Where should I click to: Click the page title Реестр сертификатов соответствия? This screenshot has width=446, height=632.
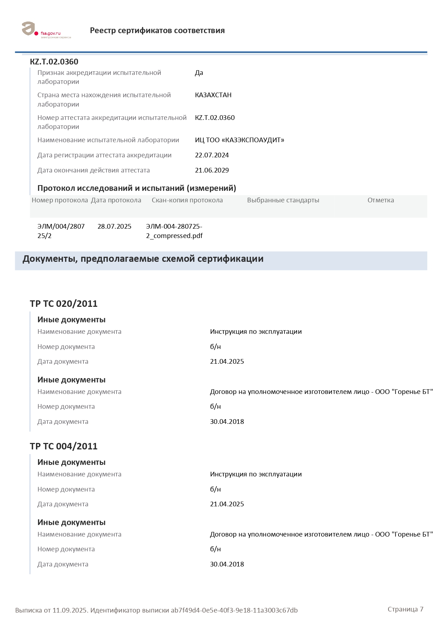coord(157,31)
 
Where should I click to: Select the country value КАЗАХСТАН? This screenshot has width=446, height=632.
coord(213,95)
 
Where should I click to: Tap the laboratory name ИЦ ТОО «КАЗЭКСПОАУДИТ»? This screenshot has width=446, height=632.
coord(240,140)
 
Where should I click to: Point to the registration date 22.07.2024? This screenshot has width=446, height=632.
coord(212,155)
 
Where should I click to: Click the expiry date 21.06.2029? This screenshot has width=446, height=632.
coord(212,170)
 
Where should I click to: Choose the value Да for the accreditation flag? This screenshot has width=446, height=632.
coord(199,73)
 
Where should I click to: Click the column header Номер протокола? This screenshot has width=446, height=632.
coord(60,200)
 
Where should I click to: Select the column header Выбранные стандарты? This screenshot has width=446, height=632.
coord(283,200)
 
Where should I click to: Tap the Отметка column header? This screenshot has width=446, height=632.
coord(381,200)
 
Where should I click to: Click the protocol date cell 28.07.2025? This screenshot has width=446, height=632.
coord(114,227)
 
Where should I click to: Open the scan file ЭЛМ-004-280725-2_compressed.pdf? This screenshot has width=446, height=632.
coord(174,231)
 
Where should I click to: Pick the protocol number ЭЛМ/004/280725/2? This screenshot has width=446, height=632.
coord(61,231)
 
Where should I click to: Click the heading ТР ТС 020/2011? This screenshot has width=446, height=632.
coord(64,304)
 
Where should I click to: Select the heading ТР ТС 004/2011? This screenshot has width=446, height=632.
coord(64,446)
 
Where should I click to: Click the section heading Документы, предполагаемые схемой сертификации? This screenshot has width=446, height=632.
coord(143,259)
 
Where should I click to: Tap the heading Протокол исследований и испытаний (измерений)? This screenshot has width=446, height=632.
coord(137,188)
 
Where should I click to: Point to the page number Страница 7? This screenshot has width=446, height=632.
coord(405,609)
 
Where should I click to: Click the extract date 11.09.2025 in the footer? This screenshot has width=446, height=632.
coord(70,610)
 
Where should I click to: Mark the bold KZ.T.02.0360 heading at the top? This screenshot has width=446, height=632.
coord(54,62)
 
